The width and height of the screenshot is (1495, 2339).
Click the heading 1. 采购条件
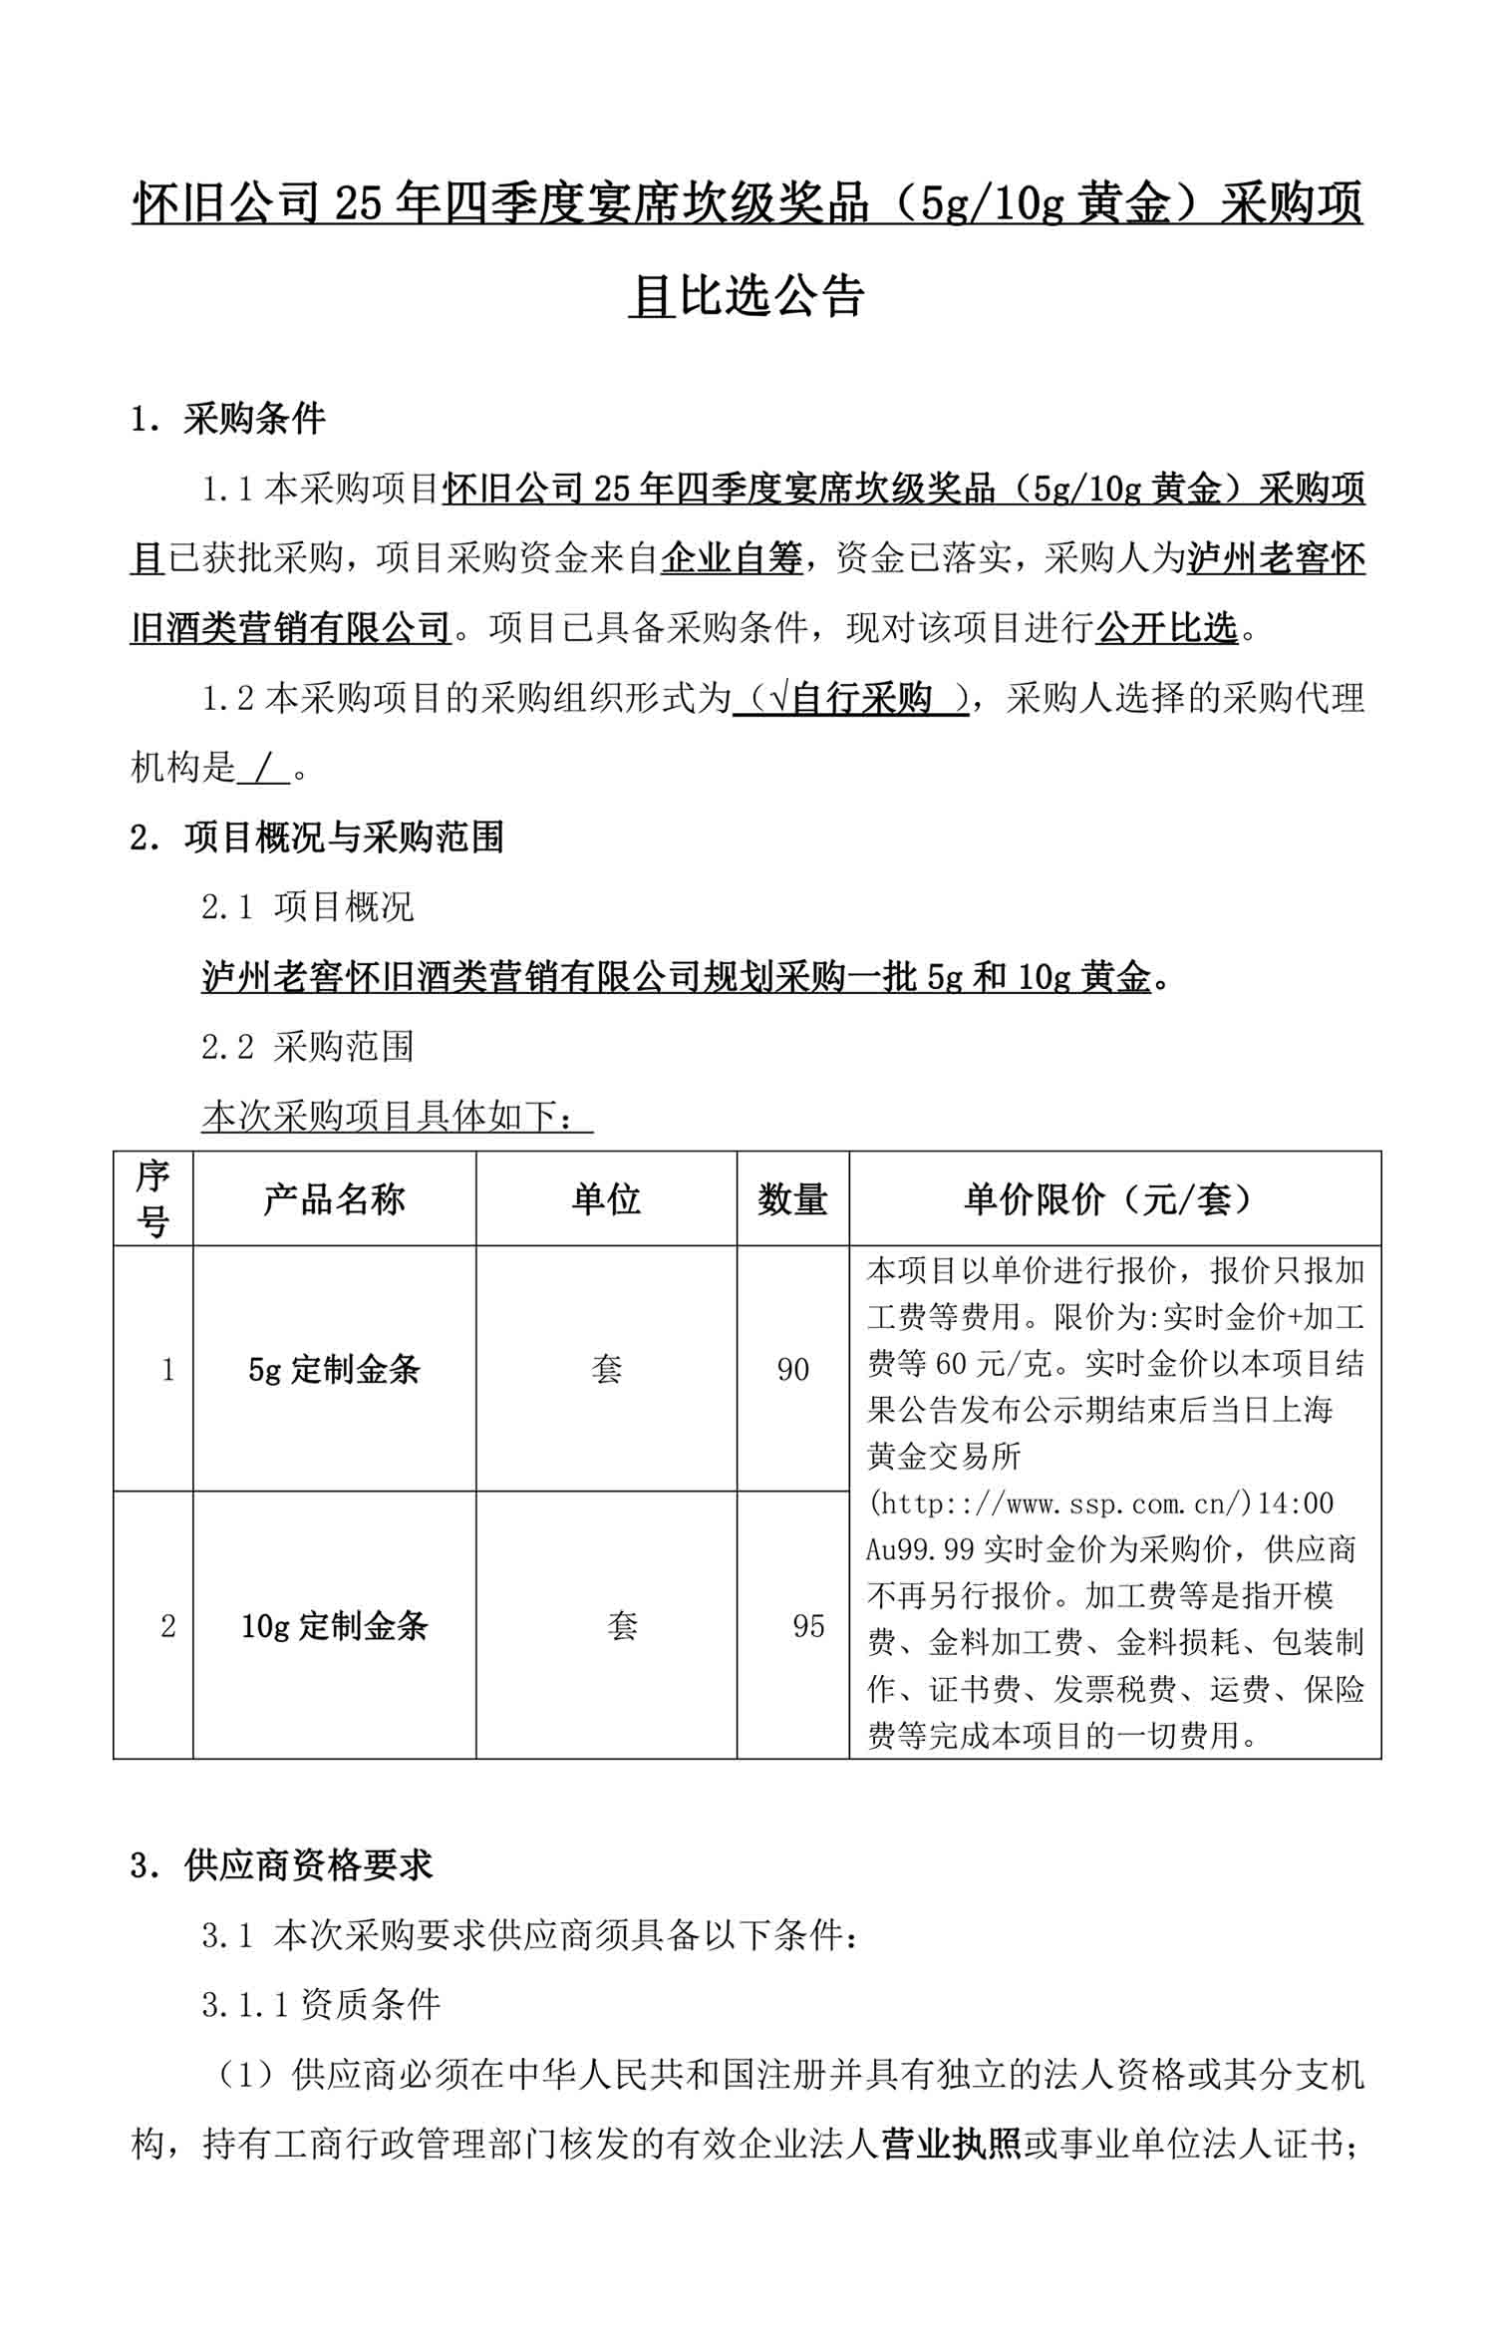click(x=228, y=419)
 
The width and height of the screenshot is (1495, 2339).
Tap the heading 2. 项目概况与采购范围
click(x=317, y=836)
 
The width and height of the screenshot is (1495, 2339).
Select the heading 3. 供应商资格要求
click(x=282, y=1864)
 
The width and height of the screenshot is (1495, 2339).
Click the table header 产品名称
click(x=334, y=1199)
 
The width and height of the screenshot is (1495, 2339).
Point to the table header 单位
click(x=606, y=1199)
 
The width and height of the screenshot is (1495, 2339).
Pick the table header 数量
click(x=792, y=1199)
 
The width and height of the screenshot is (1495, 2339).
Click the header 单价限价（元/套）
click(x=1114, y=1199)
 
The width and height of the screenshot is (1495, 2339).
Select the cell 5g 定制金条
click(x=334, y=1370)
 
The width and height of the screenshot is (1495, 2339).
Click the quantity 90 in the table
click(x=792, y=1370)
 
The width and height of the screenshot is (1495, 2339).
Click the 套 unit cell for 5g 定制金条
click(x=606, y=1370)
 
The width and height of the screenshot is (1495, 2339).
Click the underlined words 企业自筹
click(x=732, y=559)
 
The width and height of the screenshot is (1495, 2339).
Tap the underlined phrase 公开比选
click(x=1166, y=628)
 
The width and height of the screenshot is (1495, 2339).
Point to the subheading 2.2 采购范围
click(x=307, y=1046)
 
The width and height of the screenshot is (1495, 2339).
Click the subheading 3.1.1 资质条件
click(x=320, y=2004)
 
